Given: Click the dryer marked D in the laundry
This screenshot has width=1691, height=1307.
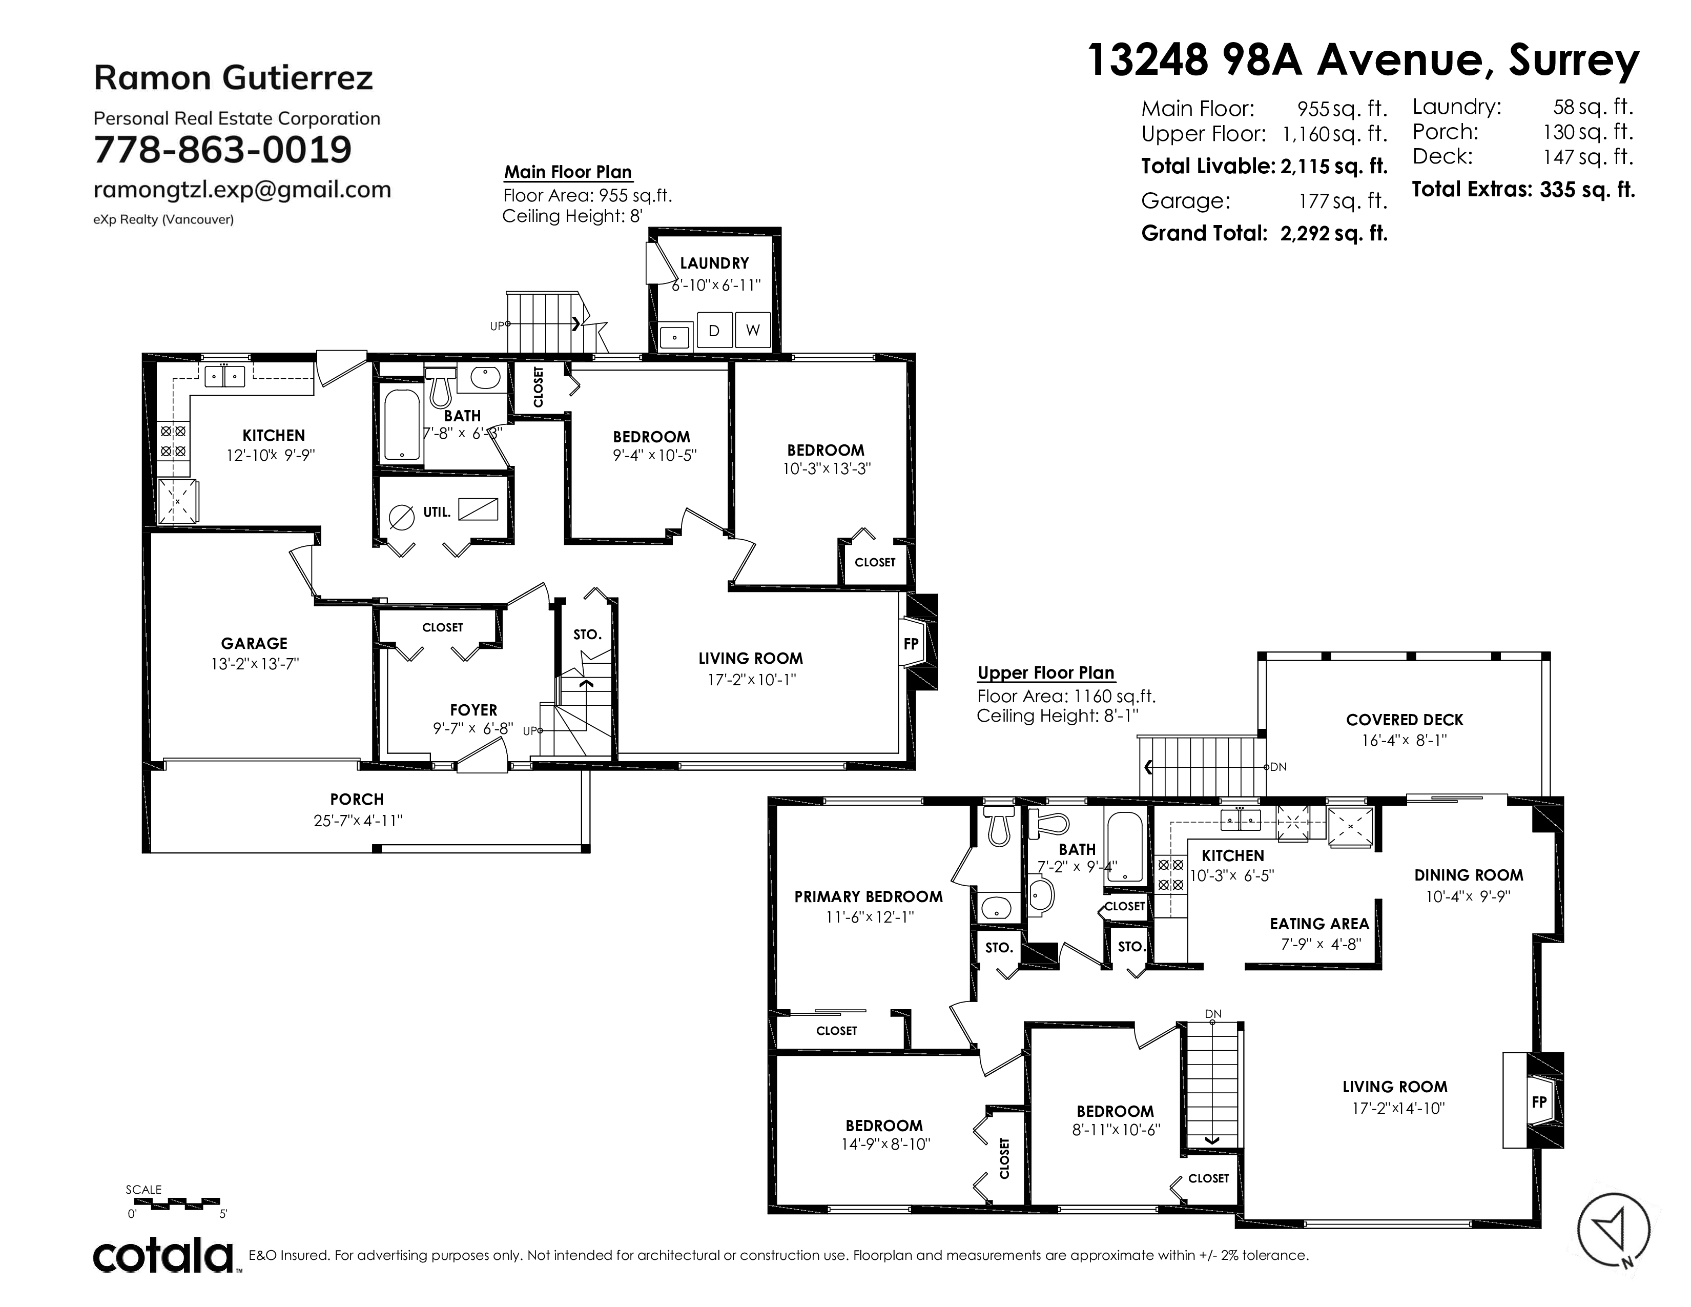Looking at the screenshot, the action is (714, 331).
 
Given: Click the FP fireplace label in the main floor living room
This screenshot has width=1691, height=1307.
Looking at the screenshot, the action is (911, 643).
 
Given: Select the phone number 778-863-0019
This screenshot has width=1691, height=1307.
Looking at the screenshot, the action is (223, 150).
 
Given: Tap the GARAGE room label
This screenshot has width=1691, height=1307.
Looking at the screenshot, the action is (254, 643).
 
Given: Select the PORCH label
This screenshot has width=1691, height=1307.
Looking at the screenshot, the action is (357, 799).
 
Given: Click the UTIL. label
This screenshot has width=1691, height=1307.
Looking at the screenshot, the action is (437, 512).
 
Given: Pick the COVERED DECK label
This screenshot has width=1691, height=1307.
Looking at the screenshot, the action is (1405, 720).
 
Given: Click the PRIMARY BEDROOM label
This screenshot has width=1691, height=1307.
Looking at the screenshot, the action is (869, 896).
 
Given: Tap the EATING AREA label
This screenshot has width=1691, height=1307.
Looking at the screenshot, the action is (1319, 924).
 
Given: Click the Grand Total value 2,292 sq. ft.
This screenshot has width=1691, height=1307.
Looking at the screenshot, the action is (1333, 233).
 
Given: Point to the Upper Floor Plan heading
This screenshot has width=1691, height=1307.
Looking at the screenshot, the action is (1046, 673).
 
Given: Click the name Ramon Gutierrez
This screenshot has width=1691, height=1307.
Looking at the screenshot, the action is (233, 77).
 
